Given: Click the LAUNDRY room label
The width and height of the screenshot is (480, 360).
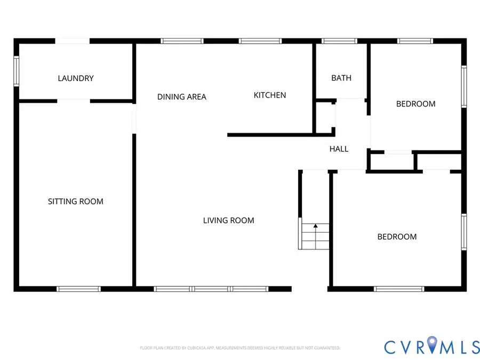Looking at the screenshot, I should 76,78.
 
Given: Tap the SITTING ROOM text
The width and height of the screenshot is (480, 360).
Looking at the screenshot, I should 76,202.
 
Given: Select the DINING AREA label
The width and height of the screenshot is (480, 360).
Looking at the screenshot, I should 181,97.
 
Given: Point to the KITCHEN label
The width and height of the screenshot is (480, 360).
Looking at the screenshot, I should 269,95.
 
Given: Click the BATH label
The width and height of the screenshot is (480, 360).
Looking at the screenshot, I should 341,78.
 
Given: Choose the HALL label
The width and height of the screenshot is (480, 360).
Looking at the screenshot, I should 339,149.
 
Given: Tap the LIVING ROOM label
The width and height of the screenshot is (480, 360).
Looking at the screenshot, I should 228,220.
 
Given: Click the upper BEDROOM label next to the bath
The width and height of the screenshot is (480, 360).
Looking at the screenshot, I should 415,104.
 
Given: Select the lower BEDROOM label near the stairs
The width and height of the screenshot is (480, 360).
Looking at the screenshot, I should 397,237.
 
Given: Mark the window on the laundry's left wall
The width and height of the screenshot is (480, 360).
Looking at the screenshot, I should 16,71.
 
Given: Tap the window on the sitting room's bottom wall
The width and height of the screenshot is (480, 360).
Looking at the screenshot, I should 78,289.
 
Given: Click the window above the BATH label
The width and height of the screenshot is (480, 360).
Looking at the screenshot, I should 340,41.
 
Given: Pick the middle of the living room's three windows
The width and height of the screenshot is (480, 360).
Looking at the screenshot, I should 211,289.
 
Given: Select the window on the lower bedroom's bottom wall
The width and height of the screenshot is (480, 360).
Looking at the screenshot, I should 399,289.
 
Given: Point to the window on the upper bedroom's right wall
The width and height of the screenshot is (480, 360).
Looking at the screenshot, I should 464,85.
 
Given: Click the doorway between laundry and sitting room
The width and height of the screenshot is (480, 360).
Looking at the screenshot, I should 74,101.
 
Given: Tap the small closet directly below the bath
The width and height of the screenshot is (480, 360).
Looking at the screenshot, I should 324,117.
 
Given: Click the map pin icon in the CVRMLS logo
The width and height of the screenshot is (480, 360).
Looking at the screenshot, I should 433,345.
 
